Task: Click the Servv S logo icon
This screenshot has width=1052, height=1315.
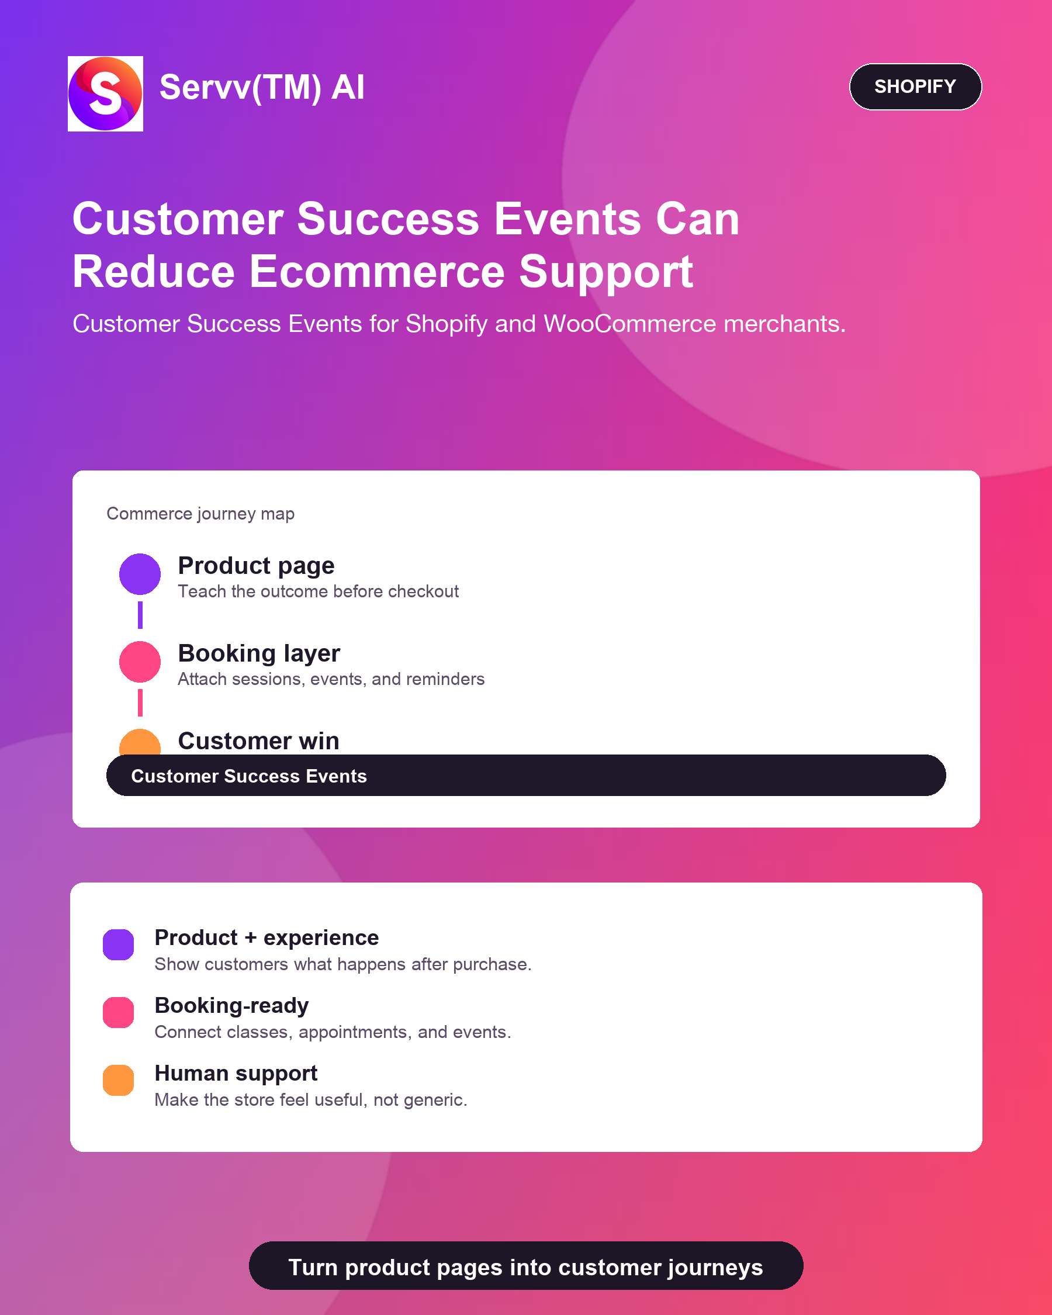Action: click(106, 94)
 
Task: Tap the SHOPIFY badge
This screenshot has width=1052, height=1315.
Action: click(915, 86)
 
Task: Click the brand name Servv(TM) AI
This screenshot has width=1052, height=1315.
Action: click(262, 87)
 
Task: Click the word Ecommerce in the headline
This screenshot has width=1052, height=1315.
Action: click(377, 271)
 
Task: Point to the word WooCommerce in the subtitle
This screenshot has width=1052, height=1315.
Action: click(629, 324)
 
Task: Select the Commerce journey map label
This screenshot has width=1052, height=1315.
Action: click(200, 514)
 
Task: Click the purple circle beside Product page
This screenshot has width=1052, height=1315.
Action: click(140, 574)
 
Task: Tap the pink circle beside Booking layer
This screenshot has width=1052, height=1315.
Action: click(140, 662)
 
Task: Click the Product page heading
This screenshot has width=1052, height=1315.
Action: click(256, 566)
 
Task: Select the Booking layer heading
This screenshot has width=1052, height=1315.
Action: click(259, 653)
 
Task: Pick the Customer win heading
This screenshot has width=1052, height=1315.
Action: click(258, 741)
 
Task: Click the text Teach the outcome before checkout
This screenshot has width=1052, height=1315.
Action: click(319, 591)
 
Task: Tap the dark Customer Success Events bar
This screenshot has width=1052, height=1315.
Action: click(525, 775)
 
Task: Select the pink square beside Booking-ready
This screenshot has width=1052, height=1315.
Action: click(118, 1012)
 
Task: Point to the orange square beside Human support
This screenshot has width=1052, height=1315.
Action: click(118, 1080)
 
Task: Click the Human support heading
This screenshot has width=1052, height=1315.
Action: click(236, 1074)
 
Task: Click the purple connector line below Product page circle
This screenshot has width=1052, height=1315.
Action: click(140, 615)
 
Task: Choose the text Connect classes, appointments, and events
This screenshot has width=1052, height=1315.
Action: click(333, 1032)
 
